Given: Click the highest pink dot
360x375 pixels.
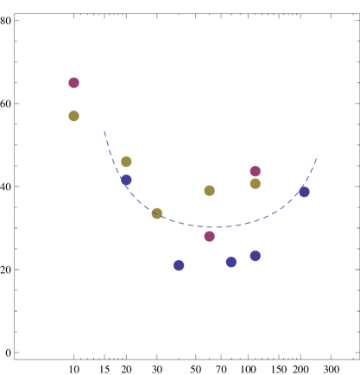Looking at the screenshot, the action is [x=73, y=83].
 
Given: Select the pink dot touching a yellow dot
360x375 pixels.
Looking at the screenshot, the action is [x=255, y=171].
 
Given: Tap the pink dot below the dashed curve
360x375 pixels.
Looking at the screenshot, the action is [x=209, y=236].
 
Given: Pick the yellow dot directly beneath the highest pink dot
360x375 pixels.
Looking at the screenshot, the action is [x=73, y=116].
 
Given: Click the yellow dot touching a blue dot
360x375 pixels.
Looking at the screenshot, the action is [x=126, y=162].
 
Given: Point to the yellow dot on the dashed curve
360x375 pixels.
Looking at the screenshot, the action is [x=156, y=213].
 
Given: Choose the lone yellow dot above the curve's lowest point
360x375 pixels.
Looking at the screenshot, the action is [x=209, y=190].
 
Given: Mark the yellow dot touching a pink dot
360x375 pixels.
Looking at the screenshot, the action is [x=255, y=183].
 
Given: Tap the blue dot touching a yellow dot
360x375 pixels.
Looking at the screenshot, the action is [x=126, y=180].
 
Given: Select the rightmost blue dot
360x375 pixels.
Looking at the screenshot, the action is [x=304, y=192].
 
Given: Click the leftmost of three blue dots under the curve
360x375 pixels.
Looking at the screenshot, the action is [x=179, y=265].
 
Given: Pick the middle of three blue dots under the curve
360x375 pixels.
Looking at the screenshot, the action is [x=231, y=262].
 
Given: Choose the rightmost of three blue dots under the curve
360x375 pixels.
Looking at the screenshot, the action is [x=255, y=256].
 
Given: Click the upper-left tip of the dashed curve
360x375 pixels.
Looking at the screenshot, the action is [x=104, y=131].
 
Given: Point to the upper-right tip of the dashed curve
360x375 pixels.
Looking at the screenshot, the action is [x=317, y=158].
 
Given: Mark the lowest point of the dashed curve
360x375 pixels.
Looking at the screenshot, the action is [x=214, y=227].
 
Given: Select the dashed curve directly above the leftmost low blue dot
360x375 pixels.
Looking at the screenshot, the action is [x=179, y=222].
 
